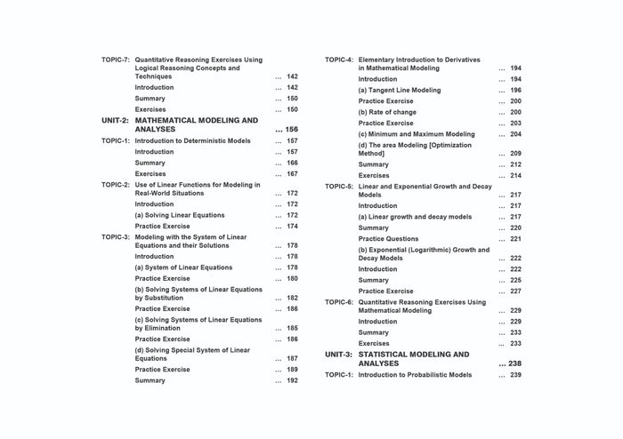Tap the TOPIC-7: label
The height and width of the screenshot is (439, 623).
(x=116, y=60)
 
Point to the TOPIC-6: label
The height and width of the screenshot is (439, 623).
(x=339, y=302)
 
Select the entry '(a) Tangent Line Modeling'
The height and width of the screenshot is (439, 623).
(x=401, y=90)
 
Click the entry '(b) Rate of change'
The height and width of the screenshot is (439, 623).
(x=387, y=112)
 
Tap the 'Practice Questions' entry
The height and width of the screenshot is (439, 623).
(x=388, y=238)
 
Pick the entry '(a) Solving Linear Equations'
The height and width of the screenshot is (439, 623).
(x=180, y=215)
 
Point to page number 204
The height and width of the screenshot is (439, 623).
(x=516, y=134)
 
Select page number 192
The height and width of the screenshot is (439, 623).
(x=292, y=380)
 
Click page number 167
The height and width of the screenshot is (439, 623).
(x=292, y=174)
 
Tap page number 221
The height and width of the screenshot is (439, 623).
(x=516, y=238)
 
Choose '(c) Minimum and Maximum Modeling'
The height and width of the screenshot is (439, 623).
(x=417, y=134)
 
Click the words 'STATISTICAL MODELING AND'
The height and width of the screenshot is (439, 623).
(x=414, y=354)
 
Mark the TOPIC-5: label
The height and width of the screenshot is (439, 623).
(x=339, y=187)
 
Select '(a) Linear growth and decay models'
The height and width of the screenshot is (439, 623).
(x=415, y=217)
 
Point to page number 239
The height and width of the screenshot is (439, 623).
(x=516, y=375)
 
